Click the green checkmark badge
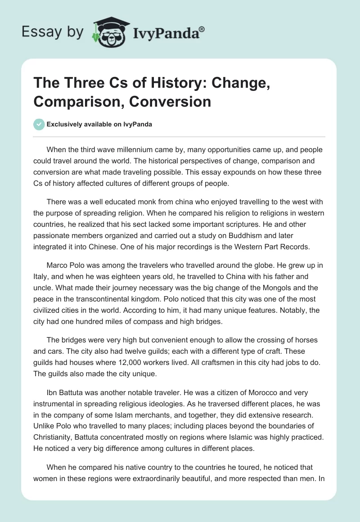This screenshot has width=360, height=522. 39,124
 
